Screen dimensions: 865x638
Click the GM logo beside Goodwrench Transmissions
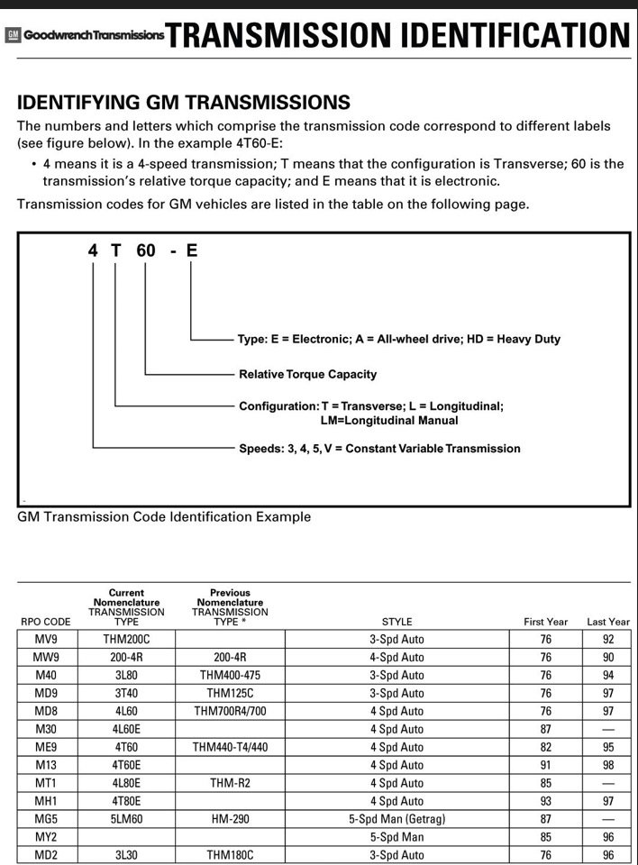[x=13, y=35]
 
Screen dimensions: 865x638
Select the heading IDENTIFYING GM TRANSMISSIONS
[x=184, y=102]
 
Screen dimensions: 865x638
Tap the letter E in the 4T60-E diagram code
[x=191, y=250]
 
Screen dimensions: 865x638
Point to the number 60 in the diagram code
[x=146, y=250]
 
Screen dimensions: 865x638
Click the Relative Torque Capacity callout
[x=307, y=374]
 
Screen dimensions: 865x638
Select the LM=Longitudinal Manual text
[x=388, y=420]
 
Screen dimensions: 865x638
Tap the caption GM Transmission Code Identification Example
[x=164, y=517]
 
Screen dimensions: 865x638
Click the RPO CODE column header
[x=45, y=622]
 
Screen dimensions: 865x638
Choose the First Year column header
[x=546, y=622]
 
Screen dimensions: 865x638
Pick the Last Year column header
[x=608, y=622]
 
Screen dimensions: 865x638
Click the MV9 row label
[x=45, y=640]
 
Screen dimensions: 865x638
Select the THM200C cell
[x=126, y=640]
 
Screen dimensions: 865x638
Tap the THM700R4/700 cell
[x=231, y=711]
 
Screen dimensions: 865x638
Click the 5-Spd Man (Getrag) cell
[x=396, y=819]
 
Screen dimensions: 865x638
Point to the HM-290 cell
[x=231, y=819]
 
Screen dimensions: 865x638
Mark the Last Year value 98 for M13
[x=608, y=765]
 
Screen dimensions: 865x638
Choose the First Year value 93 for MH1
[x=546, y=801]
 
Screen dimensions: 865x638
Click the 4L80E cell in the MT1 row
[x=126, y=783]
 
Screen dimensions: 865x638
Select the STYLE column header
[x=396, y=622]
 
